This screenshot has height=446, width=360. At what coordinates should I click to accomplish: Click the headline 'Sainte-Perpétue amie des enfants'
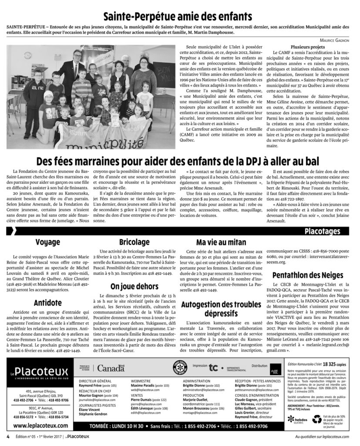pyautogui.click(x=180, y=17)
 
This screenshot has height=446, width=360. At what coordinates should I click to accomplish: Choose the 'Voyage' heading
pyautogui.click(x=48, y=242)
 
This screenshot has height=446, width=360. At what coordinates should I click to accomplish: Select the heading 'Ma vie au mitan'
pyautogui.click(x=221, y=242)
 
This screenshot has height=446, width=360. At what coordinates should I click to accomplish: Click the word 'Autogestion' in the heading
pyautogui.click(x=204, y=304)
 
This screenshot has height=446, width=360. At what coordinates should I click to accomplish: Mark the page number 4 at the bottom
pyautogui.click(x=8, y=437)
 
